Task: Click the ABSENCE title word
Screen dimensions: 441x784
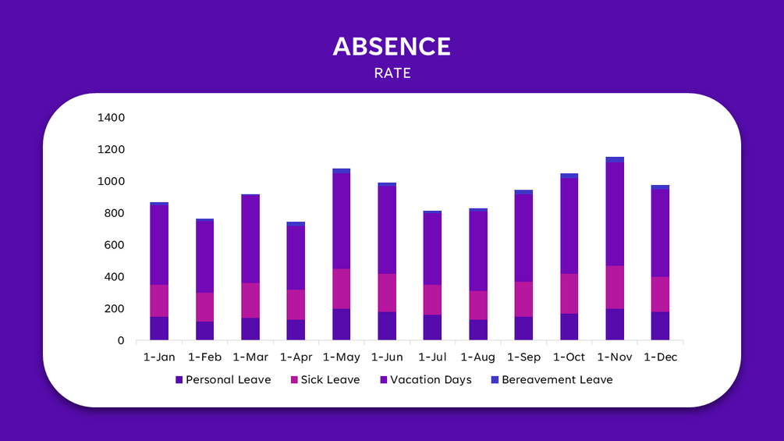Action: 392,47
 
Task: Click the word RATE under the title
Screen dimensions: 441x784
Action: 392,73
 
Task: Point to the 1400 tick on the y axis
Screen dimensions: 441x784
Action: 111,118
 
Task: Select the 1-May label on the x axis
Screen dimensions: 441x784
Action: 341,357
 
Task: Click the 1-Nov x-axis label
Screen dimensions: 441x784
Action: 614,357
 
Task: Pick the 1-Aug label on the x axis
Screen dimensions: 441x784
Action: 477,357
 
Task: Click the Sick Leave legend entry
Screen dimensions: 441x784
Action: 330,380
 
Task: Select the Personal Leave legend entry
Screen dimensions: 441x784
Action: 228,380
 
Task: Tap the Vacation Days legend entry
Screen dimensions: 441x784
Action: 431,380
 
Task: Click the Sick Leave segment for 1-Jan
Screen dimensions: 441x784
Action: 159,301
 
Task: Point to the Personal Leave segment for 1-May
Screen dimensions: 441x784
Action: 341,325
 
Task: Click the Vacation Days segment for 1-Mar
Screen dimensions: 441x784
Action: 250,239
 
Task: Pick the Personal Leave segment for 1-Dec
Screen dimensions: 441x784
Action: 660,326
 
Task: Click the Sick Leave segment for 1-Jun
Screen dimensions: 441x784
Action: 387,293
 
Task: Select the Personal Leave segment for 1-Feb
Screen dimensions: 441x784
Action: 205,331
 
